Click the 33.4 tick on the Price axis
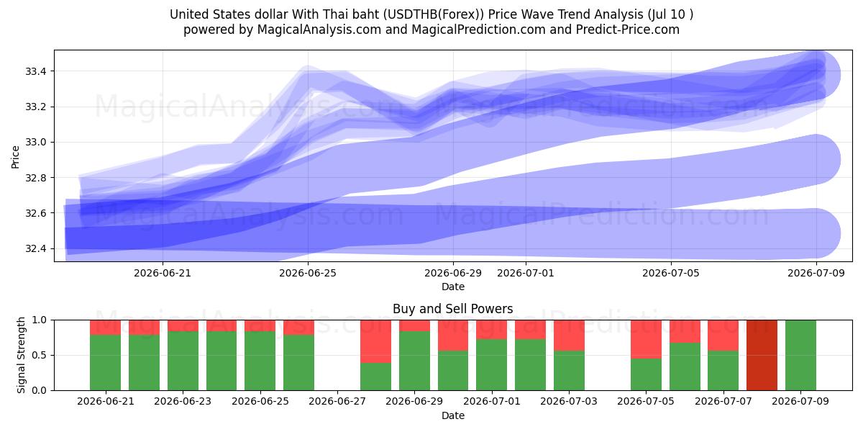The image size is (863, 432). (x=36, y=71)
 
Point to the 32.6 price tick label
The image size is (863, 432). (x=36, y=213)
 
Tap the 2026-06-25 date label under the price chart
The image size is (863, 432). (x=308, y=273)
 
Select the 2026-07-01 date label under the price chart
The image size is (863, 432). (x=526, y=273)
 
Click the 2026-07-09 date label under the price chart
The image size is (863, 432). (x=816, y=273)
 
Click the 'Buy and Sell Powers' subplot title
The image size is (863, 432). (x=452, y=309)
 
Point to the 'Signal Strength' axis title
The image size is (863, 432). (x=21, y=355)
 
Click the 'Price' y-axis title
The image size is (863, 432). (x=15, y=157)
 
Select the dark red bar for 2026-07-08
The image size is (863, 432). (x=762, y=355)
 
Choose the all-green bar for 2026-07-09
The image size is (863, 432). (x=800, y=355)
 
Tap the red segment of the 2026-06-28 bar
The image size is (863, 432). (x=375, y=341)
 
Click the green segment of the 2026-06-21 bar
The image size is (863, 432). (x=105, y=363)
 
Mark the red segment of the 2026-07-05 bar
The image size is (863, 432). (x=646, y=339)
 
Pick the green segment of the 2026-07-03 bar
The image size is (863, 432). (x=569, y=371)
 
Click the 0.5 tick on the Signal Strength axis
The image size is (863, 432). (x=39, y=355)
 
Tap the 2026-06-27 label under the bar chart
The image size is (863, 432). (x=337, y=401)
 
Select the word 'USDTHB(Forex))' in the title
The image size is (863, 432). (x=434, y=14)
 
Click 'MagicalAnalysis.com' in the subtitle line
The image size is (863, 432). (x=319, y=30)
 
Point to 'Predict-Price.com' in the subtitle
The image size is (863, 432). (x=628, y=30)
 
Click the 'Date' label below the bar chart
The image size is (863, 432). (x=452, y=415)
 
